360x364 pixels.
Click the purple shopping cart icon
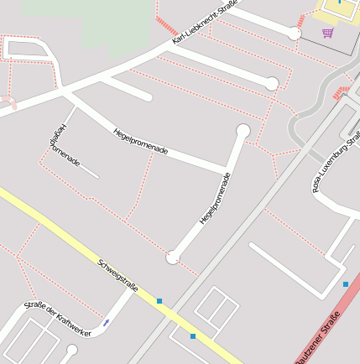[x=327, y=34]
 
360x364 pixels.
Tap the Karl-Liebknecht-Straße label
[x=205, y=23]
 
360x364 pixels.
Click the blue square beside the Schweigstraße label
[x=159, y=300]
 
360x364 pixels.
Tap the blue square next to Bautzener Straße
[x=346, y=285]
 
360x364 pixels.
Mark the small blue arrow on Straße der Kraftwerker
[x=106, y=323]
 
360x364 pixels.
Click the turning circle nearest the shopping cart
[x=295, y=34]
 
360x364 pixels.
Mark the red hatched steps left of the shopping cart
[x=300, y=19]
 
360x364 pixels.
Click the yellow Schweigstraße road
[x=67, y=238]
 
